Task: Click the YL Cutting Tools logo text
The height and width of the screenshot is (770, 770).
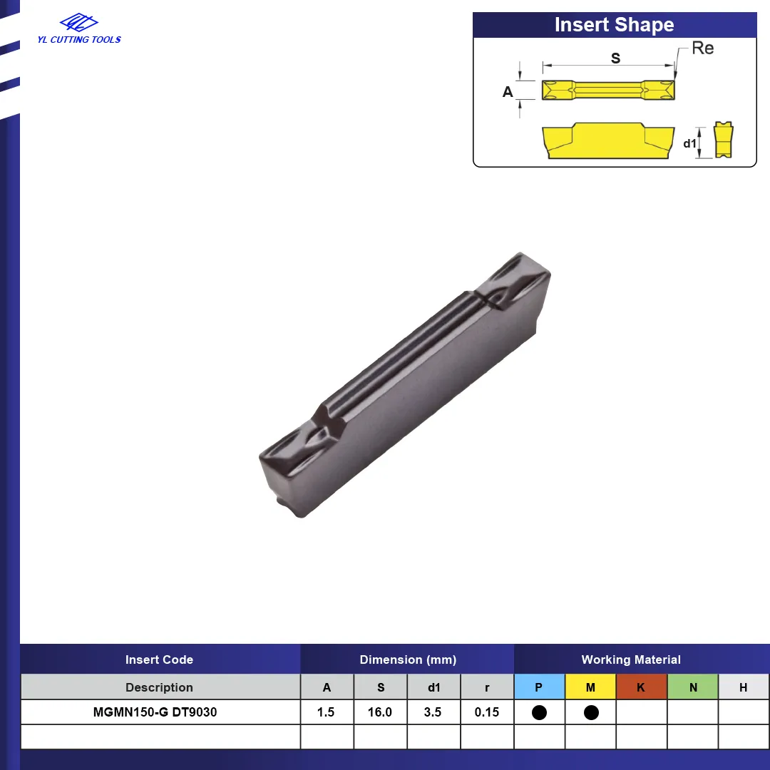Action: tap(79, 40)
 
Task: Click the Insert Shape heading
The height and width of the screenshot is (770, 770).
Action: tap(615, 24)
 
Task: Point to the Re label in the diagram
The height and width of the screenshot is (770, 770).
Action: tap(703, 48)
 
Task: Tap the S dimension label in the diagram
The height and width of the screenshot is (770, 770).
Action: tap(615, 58)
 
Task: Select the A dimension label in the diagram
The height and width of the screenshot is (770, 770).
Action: tap(508, 92)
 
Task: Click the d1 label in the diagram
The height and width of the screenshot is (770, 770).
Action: tap(690, 143)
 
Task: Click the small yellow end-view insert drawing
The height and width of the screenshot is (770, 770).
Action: tap(724, 140)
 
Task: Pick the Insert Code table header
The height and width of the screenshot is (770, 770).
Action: tap(159, 659)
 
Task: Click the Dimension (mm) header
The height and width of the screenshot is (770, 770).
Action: tap(408, 659)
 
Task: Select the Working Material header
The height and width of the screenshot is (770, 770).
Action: tap(631, 659)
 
